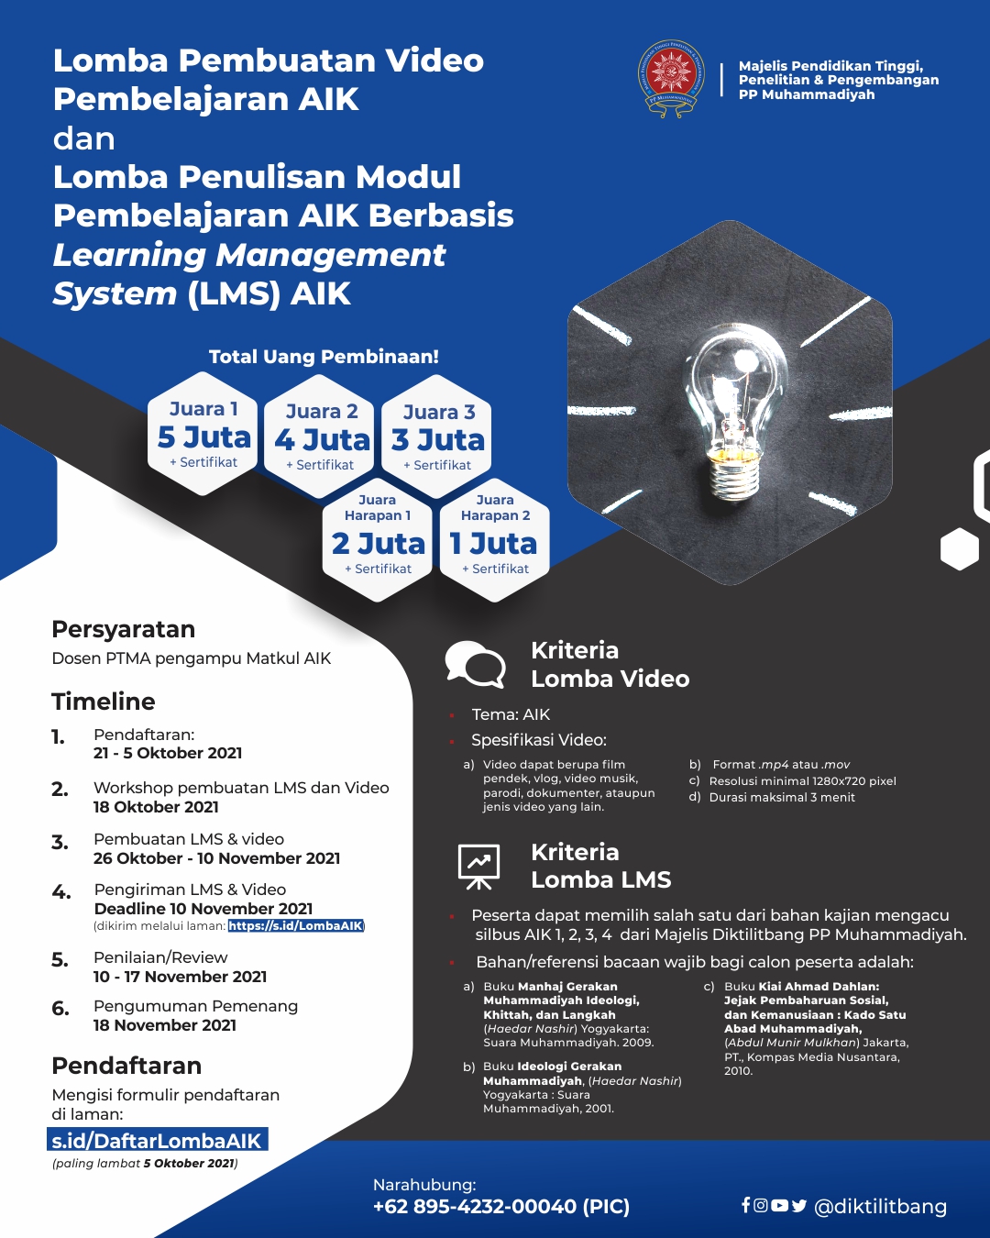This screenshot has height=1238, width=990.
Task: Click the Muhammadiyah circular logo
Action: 672,78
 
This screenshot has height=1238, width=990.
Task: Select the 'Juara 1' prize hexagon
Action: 203,434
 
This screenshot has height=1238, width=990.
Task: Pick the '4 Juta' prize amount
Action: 322,440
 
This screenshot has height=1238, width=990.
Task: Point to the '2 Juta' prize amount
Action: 379,544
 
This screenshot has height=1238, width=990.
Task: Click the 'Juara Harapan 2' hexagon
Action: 494,540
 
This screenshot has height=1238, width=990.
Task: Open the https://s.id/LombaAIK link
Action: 296,926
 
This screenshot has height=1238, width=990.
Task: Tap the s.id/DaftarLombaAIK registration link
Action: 158,1141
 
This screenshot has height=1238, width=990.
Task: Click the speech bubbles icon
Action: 475,664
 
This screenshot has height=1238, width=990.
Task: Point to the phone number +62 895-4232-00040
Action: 475,1207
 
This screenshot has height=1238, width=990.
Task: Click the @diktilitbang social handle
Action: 880,1207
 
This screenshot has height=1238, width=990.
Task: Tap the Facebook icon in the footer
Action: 746,1205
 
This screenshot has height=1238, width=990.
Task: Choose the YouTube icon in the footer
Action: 779,1205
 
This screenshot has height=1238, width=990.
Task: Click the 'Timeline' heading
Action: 104,702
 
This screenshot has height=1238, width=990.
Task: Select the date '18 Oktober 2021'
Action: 156,807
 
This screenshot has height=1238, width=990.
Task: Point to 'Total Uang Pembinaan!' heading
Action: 324,357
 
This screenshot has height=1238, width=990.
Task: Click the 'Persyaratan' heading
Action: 124,629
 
